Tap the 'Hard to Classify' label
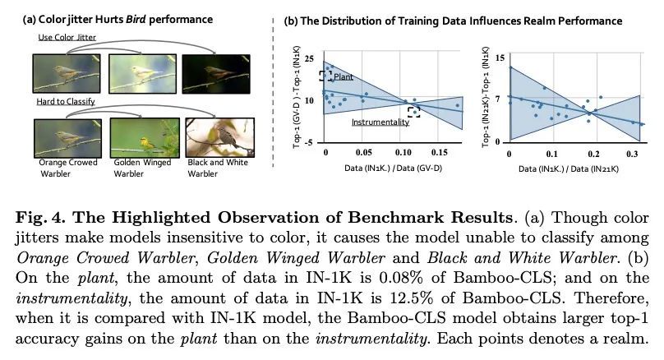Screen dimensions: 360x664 click(x=66, y=101)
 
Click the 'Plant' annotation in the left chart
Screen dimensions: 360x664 click(x=344, y=76)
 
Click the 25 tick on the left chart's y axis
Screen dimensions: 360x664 click(x=309, y=58)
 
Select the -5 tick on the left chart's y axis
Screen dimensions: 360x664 click(x=309, y=143)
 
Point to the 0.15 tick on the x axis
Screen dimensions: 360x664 click(x=441, y=153)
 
